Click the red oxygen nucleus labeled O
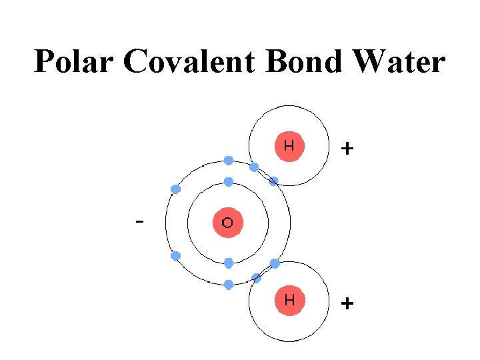[x=227, y=223]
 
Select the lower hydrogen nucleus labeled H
[x=289, y=300]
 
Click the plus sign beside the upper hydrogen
[x=347, y=148]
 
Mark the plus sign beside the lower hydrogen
[x=347, y=304]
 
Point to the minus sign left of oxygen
[x=139, y=220]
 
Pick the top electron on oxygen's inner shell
[x=229, y=182]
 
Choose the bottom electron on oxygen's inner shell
[x=229, y=263]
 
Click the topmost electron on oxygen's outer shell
[x=229, y=161]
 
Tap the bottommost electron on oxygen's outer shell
[x=229, y=285]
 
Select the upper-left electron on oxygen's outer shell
[x=176, y=189]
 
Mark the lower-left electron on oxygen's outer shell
[x=176, y=256]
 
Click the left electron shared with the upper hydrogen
[x=254, y=167]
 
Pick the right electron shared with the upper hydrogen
[x=273, y=181]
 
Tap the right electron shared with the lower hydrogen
[x=275, y=263]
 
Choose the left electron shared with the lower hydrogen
[x=255, y=277]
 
